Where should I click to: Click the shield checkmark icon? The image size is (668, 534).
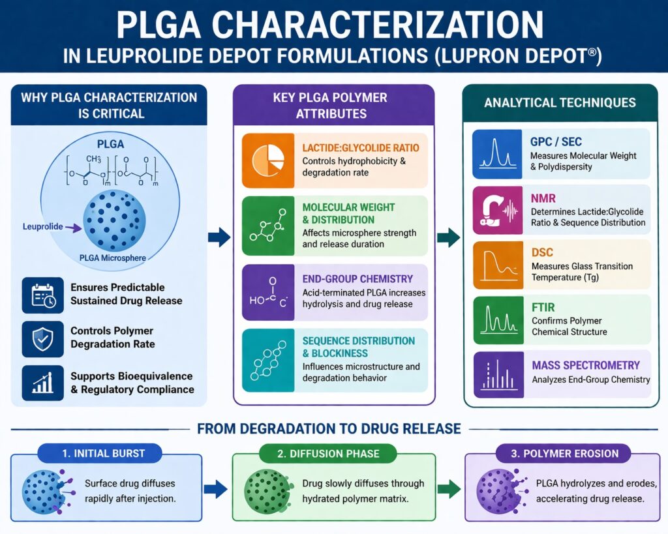click(x=42, y=338)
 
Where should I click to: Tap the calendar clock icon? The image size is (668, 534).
click(x=42, y=294)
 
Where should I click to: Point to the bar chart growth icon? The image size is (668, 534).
click(x=42, y=383)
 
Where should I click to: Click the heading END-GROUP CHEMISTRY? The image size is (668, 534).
click(x=357, y=279)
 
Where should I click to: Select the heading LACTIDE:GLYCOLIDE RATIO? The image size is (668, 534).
click(x=361, y=148)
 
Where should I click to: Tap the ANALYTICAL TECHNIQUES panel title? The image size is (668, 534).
click(x=560, y=102)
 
